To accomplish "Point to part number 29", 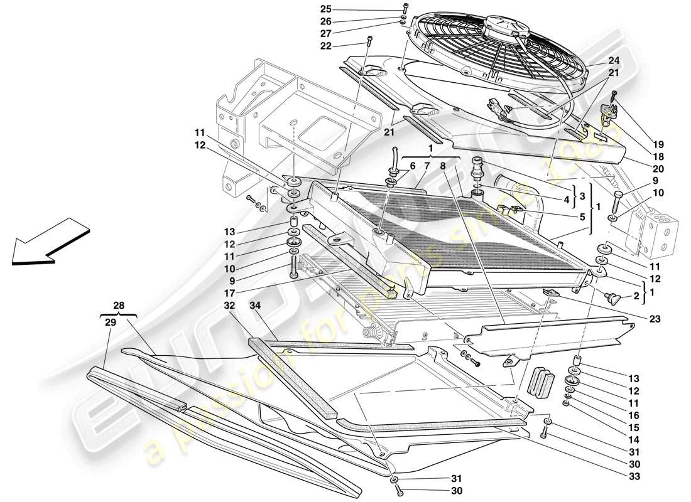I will coord(110,321).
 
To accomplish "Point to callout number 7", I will coord(426,165).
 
